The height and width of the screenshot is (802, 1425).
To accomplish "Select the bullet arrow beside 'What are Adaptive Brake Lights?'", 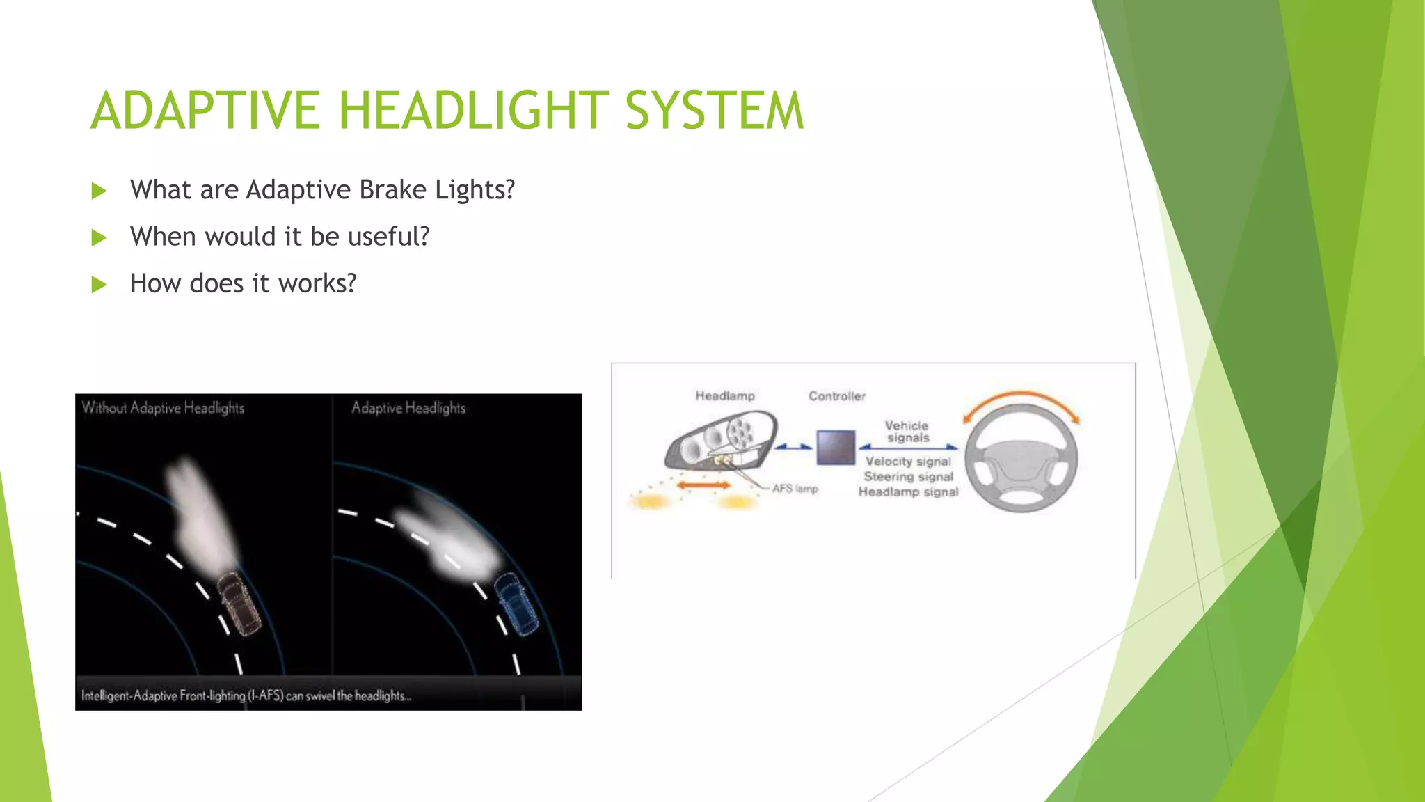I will click(99, 191).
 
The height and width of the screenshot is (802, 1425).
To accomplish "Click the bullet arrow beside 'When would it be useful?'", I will click(99, 238).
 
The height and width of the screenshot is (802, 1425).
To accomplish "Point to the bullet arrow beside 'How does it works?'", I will click(99, 285).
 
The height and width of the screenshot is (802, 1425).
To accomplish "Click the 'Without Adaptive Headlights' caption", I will click(163, 408).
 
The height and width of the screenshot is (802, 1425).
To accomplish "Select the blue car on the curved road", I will click(516, 603).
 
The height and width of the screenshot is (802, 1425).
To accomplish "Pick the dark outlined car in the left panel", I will click(240, 603).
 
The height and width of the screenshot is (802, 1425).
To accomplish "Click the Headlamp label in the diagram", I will click(725, 396).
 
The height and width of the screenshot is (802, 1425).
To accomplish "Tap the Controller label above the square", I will click(837, 396).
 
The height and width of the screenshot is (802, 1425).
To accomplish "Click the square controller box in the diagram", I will click(836, 447).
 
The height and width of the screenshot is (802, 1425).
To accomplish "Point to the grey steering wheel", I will click(1021, 459).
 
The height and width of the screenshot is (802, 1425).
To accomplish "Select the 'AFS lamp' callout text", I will click(795, 489).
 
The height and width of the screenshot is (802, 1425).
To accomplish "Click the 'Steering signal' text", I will click(908, 477).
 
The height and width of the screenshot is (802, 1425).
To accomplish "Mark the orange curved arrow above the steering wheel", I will click(1021, 399).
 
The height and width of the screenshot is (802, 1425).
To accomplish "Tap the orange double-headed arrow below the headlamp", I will click(703, 485).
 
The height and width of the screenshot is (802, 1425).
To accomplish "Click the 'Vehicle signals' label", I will click(907, 432).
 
